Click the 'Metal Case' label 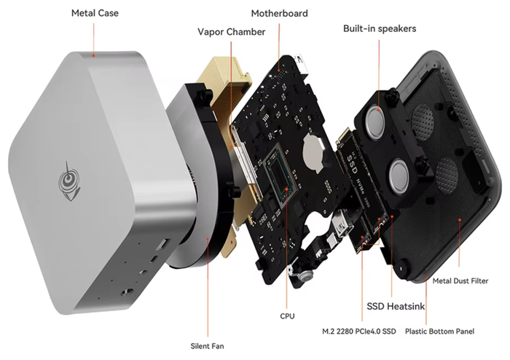point(95,13)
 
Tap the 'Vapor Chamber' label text point(231,32)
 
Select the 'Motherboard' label point(279,13)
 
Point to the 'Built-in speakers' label point(380,28)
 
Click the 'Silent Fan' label point(207,346)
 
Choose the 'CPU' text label point(287,316)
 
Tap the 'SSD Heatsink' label point(396,306)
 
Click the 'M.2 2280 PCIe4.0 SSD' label point(359,332)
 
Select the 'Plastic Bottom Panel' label point(439,332)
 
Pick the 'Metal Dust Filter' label point(460,281)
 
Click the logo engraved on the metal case point(68,181)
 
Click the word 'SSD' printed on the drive point(352,164)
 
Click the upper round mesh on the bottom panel point(423,121)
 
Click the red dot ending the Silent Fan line point(208,238)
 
